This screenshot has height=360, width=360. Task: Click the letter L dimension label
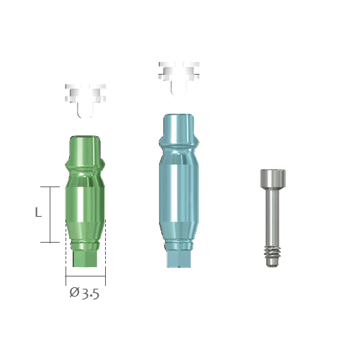coord(38,212)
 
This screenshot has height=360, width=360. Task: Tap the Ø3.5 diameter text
coord(84,293)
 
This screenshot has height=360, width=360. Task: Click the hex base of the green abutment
coord(85,258)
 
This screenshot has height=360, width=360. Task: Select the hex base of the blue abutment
coord(179,259)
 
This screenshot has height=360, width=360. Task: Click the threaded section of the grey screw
coord(272,252)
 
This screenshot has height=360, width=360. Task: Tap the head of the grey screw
coord(273,179)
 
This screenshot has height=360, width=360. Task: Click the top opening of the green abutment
coord(85,138)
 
